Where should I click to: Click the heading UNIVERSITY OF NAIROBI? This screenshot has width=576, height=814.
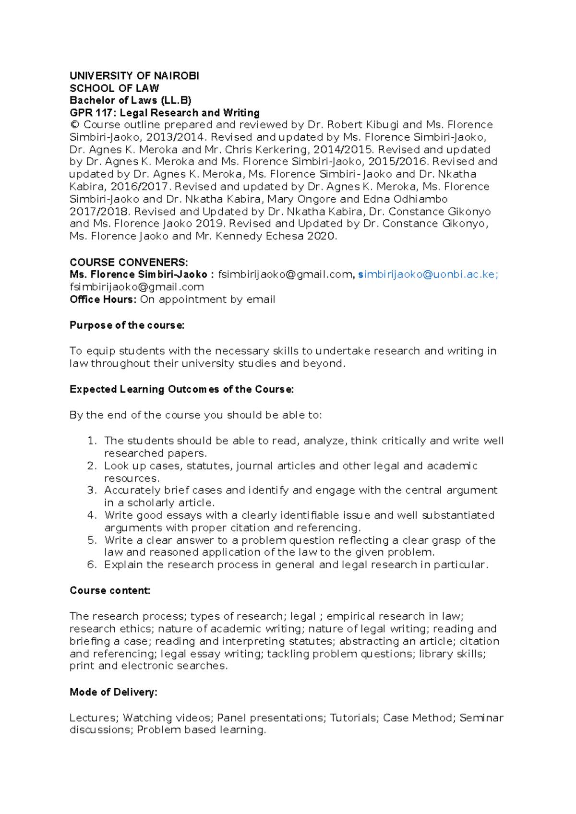(x=134, y=76)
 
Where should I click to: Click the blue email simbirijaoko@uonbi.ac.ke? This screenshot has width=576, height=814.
(x=428, y=275)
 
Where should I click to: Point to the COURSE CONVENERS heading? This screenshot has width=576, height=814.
(x=129, y=263)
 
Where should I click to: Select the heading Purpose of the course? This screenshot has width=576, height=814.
(x=127, y=325)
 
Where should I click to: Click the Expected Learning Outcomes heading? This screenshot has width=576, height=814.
(x=181, y=389)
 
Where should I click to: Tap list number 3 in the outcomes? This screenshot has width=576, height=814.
(x=92, y=491)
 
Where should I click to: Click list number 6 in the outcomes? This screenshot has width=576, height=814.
(x=92, y=565)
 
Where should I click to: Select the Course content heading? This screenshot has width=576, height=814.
(x=110, y=591)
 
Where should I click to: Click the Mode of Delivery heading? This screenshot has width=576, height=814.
(x=113, y=692)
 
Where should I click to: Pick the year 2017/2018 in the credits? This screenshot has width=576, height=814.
(x=99, y=212)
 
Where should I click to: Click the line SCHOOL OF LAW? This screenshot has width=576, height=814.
(x=114, y=88)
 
